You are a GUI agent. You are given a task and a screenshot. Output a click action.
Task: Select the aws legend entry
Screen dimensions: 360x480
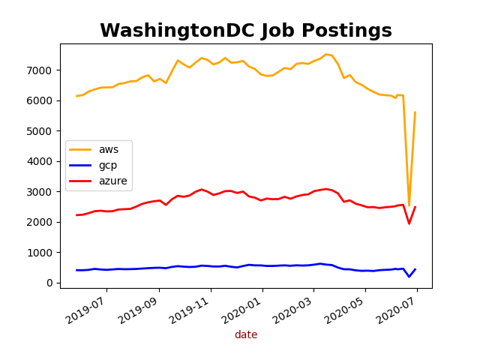click(108, 149)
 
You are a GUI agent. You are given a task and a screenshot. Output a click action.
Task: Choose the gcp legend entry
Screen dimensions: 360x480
click(108, 165)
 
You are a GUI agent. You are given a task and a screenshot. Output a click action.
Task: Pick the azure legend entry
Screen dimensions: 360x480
click(112, 181)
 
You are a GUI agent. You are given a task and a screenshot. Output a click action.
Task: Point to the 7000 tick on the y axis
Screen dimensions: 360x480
click(42, 70)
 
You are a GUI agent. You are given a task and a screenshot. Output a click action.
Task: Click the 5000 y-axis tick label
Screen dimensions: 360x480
click(42, 131)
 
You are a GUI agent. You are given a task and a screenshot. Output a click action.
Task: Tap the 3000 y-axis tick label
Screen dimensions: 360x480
click(42, 192)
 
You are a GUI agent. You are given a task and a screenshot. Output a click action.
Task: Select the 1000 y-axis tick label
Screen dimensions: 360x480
click(42, 253)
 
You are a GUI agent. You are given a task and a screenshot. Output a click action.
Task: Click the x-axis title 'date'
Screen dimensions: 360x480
click(246, 335)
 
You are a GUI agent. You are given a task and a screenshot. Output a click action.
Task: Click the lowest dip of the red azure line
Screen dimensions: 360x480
click(409, 223)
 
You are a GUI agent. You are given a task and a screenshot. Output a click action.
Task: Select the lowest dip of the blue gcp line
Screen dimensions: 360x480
click(409, 277)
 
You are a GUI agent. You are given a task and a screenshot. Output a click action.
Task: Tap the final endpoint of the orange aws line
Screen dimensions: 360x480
click(415, 112)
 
